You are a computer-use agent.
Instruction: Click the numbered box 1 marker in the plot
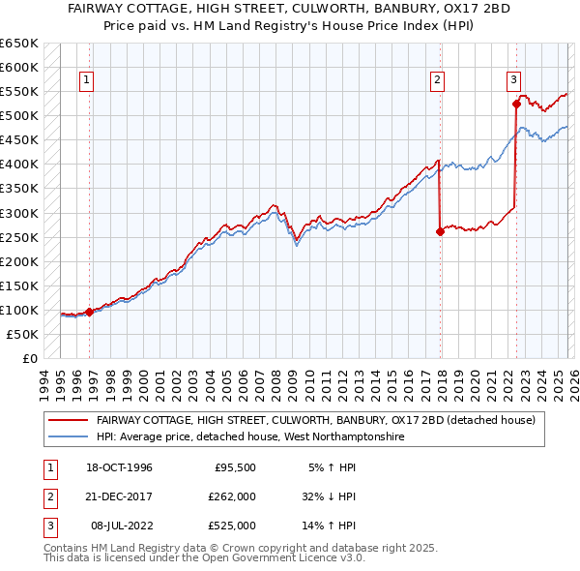[87, 80]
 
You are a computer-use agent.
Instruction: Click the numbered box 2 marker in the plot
[438, 80]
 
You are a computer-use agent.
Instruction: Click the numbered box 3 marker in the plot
[513, 80]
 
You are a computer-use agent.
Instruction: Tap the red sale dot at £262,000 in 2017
[440, 231]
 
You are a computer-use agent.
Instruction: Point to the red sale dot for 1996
[89, 312]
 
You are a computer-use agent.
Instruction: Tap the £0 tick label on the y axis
[28, 358]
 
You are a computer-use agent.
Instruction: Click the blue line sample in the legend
[69, 437]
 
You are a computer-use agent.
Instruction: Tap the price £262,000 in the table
[232, 496]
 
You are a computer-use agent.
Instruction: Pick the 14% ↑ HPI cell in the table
[329, 526]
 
